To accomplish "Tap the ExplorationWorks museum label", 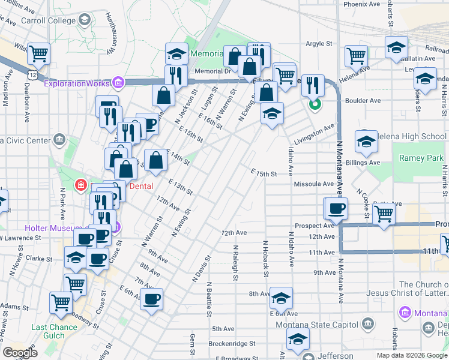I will [x=76, y=83].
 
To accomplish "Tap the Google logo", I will [x=19, y=353].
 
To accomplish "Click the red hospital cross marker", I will [x=80, y=185].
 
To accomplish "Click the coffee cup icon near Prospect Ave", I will [x=336, y=208].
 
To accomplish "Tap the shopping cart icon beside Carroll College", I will [x=38, y=54].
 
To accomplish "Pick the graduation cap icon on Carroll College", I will [x=84, y=19].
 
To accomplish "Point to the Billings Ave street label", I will [x=366, y=163].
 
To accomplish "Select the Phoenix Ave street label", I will [x=361, y=4].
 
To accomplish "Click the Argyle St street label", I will [x=319, y=44].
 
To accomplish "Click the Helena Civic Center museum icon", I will [x=59, y=140].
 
